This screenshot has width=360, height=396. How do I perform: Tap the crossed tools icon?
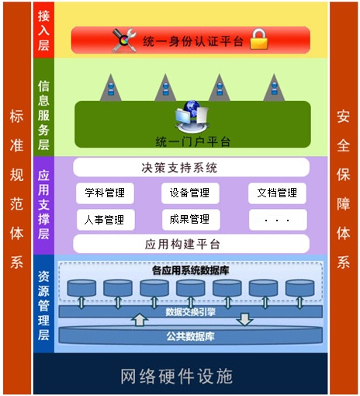pyautogui.click(x=124, y=40)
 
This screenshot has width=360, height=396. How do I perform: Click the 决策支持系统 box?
pyautogui.click(x=191, y=168)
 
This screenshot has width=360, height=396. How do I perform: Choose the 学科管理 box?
pyautogui.click(x=105, y=193)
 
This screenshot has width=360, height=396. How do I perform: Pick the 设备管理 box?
pyautogui.click(x=190, y=193)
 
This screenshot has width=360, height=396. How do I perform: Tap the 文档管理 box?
pyautogui.click(x=277, y=193)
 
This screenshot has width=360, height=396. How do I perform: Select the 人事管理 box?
pyautogui.click(x=106, y=220)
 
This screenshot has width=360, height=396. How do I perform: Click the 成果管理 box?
pyautogui.click(x=191, y=220)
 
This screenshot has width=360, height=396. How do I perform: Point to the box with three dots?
pyautogui.click(x=278, y=220)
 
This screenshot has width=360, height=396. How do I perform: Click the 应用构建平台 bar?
pyautogui.click(x=191, y=244)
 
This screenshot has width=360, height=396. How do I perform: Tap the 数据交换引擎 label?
pyautogui.click(x=191, y=312)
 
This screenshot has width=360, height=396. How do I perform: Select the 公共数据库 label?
pyautogui.click(x=191, y=336)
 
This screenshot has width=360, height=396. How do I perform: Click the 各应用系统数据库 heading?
pyautogui.click(x=191, y=271)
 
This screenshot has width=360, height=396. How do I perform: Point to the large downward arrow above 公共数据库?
pyautogui.click(x=244, y=319)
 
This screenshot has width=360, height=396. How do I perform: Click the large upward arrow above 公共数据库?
pyautogui.click(x=140, y=319)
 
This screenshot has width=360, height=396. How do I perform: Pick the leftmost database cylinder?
pyautogui.click(x=81, y=288)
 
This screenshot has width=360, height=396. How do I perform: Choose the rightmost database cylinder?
pyautogui.click(x=299, y=288)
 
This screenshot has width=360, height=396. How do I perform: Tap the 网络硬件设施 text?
pyautogui.click(x=177, y=376)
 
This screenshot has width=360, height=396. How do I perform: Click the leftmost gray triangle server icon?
pyautogui.click(x=111, y=88)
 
